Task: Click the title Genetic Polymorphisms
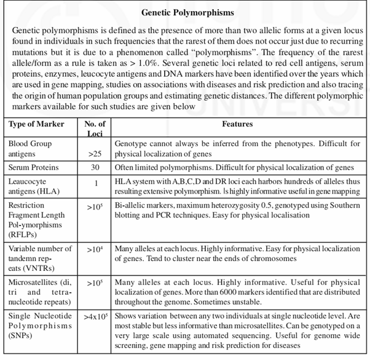coord(184,12)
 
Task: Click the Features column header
coord(237,124)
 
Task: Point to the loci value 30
coord(95,168)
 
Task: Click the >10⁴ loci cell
coord(94,249)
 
